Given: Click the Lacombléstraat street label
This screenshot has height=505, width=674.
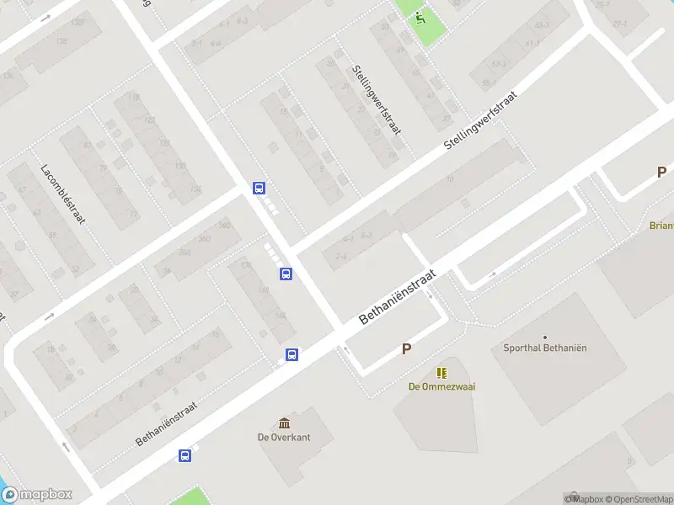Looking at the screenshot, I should point(64,193).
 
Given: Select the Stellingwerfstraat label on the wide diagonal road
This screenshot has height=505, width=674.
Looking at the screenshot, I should point(479,122).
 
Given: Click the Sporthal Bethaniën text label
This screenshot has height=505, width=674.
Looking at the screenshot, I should point(543,348).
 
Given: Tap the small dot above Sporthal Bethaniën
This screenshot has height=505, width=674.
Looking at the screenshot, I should point(544,337).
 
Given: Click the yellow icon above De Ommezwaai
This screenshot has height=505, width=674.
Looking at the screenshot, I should point(441,372).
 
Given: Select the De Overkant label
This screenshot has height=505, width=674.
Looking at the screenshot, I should point(284,437).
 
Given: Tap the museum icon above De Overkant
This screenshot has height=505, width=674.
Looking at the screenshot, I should point(284,423).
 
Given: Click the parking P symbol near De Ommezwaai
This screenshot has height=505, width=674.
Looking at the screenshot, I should point(406,348).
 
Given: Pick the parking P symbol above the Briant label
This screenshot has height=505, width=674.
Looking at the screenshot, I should point(661,173).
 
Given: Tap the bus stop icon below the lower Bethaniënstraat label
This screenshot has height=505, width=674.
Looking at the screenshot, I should point(185,456).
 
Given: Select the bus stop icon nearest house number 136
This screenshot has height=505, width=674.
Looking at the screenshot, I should point(286,274).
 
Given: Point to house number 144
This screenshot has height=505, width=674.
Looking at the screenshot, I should point(280,315).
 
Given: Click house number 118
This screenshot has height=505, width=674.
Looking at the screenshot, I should point(134,98).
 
